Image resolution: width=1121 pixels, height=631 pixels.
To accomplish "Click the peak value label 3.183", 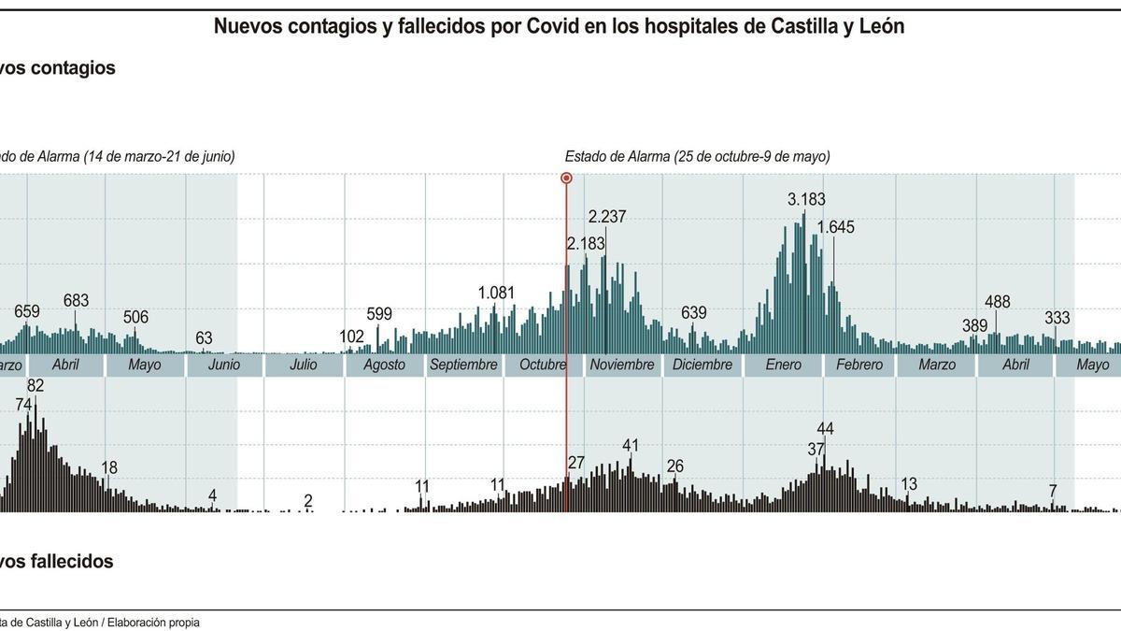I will coord(806,199).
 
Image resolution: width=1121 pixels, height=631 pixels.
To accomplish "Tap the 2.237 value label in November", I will coord(607,217).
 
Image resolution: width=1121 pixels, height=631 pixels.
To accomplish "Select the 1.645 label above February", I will coord(835,227).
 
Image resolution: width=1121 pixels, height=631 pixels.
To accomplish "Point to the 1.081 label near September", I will coord(496,293).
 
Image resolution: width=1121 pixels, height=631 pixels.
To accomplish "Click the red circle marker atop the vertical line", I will coord(566,178).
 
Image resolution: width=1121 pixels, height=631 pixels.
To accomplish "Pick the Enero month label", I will coord(783,365).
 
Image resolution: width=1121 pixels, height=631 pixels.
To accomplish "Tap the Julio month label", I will coord(304,365).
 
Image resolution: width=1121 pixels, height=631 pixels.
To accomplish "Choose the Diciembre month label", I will coord(702,365).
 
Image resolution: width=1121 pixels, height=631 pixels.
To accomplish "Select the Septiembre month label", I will coord(463,365).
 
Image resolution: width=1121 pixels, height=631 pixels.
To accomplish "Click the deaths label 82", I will coord(35,385).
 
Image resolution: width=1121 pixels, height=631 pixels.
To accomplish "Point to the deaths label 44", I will coord(825,429).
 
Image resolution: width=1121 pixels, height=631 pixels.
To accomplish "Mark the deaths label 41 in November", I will coord(631,445).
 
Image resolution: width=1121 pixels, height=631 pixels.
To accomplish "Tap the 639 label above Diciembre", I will coord(693,313).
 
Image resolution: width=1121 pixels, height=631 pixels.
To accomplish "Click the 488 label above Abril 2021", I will coord(998,302).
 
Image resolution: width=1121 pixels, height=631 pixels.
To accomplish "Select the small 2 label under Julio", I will coord(308,501).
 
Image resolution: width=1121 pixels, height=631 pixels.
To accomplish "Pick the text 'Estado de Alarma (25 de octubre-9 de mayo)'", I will coord(697,157).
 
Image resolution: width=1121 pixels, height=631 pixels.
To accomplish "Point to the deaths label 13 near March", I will coord(908,484).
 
